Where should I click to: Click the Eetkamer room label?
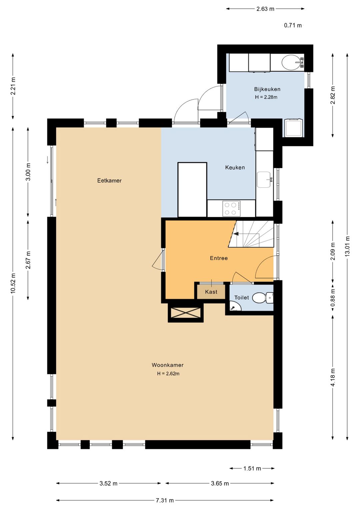(109, 181)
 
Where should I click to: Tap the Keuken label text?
(235, 167)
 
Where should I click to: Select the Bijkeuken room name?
(267, 89)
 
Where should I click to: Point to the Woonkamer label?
(168, 365)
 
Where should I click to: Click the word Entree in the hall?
(219, 258)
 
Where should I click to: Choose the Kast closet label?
(211, 292)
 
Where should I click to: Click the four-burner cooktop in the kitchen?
(232, 208)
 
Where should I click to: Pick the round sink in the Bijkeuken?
(291, 62)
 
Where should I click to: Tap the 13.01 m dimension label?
(347, 246)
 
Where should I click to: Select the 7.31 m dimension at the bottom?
(165, 500)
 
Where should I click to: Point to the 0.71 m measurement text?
(293, 25)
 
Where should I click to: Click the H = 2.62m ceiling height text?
(168, 374)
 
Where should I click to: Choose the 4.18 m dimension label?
(333, 377)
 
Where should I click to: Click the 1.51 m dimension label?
(252, 468)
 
